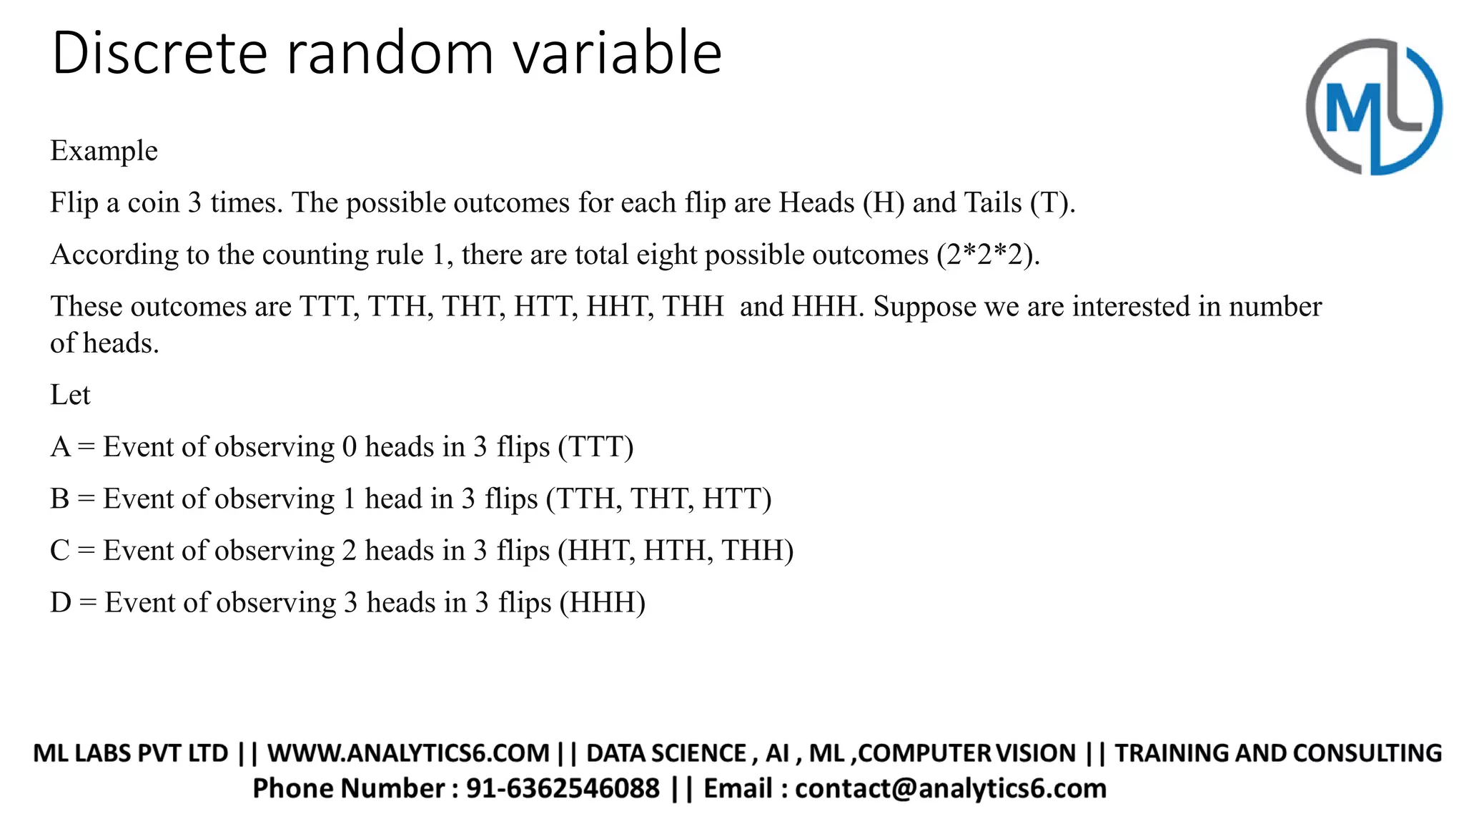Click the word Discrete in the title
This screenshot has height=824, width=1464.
pos(159,53)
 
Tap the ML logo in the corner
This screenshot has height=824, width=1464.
pos(1373,107)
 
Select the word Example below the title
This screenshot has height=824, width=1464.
pos(104,151)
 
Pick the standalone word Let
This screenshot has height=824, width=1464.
pos(70,395)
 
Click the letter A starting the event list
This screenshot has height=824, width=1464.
pos(60,447)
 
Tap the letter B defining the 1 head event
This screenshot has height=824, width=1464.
pos(59,499)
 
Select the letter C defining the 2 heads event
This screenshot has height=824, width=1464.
pos(59,551)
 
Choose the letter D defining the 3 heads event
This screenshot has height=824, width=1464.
pos(60,602)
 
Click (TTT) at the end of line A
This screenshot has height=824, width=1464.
pos(595,447)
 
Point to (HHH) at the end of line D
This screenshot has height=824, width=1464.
pos(602,602)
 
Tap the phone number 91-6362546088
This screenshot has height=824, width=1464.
pos(563,788)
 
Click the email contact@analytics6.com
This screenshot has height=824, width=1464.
pos(950,788)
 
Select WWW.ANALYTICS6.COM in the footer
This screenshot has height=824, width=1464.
pos(408,753)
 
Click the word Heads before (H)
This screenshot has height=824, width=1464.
pos(816,203)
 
